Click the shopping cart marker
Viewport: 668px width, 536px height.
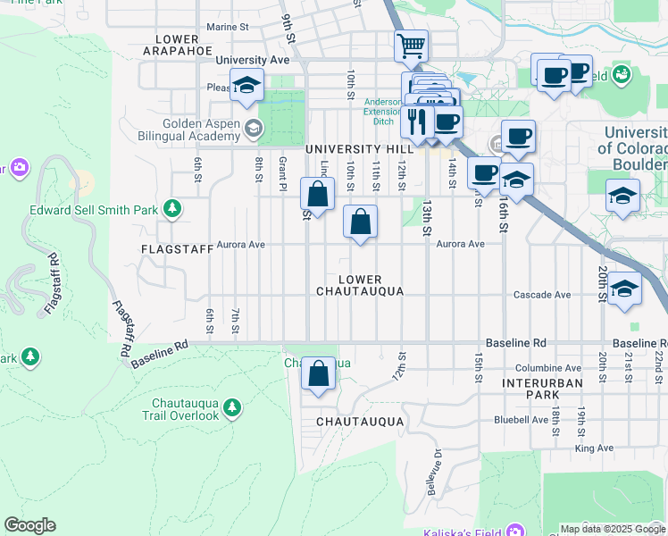(x=411, y=45)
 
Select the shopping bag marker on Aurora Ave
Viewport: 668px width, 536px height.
(x=360, y=222)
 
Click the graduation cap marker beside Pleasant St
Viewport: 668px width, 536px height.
(x=246, y=85)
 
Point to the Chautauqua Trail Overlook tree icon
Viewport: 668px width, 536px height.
(x=232, y=408)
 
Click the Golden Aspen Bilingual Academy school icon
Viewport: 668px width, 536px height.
(x=254, y=130)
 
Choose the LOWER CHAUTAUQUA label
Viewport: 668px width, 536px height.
(x=360, y=285)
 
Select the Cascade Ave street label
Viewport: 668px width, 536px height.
(x=542, y=295)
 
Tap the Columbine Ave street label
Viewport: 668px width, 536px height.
(x=548, y=368)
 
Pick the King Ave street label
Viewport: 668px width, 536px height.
(x=595, y=448)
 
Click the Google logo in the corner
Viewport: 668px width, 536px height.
(x=29, y=525)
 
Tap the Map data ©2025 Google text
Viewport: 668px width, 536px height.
(x=611, y=529)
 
